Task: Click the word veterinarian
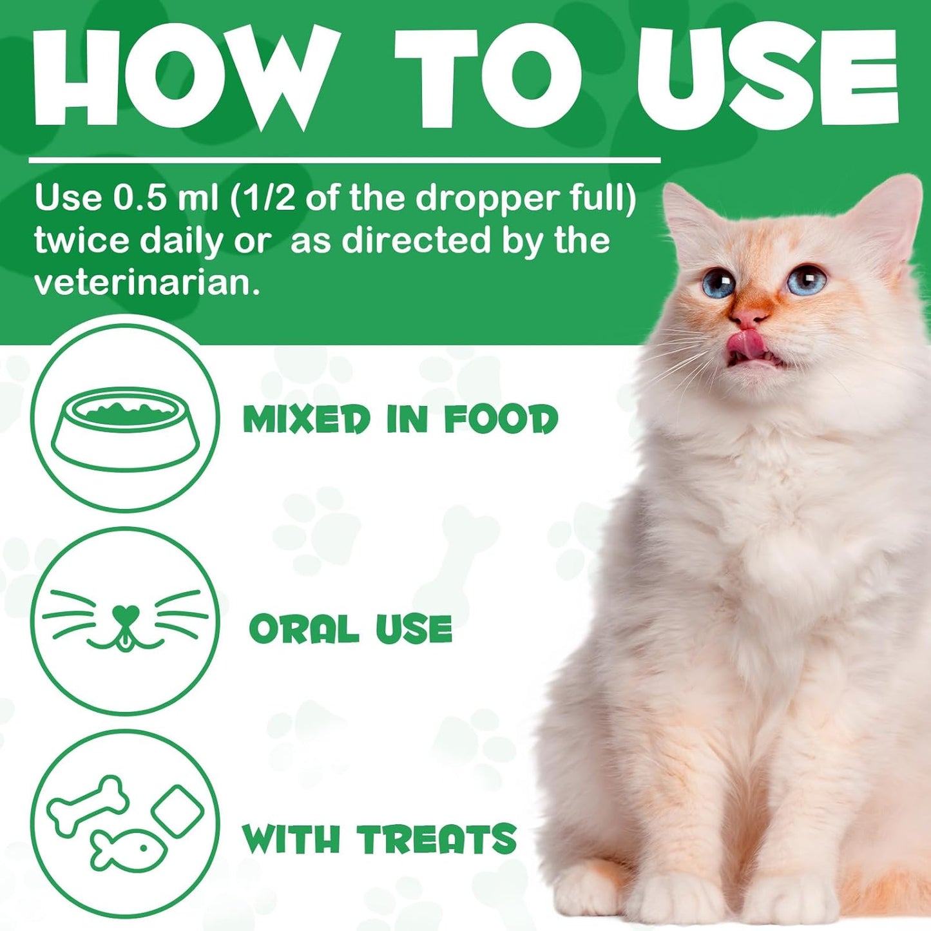147,283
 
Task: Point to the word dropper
487,198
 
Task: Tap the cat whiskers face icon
125,620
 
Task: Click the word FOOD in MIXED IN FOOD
501,419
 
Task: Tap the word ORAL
303,629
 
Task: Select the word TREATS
437,839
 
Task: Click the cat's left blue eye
718,283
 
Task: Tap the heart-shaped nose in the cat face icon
125,612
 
